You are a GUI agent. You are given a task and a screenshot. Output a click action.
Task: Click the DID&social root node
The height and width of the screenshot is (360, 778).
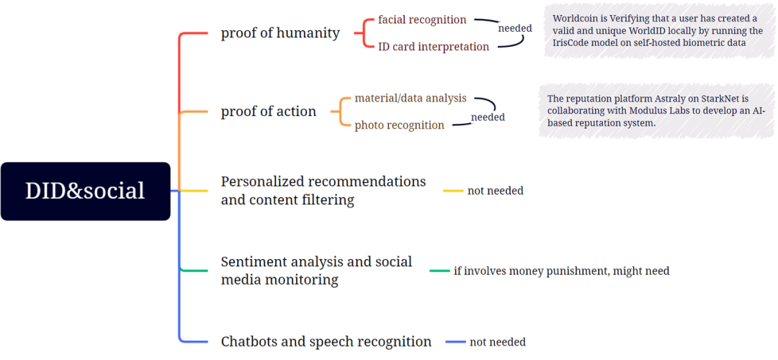tap(85, 191)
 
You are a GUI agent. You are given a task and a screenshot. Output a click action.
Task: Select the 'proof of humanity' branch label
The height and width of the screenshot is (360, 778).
tap(280, 33)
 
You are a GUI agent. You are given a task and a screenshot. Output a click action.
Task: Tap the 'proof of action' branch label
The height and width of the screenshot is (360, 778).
tap(269, 112)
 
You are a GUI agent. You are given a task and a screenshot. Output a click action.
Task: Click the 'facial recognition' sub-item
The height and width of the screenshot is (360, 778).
tap(422, 20)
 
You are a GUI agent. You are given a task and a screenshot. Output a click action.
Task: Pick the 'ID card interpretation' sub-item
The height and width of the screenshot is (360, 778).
tap(434, 47)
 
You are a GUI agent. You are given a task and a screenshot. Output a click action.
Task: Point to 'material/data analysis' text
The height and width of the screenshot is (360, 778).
tap(411, 98)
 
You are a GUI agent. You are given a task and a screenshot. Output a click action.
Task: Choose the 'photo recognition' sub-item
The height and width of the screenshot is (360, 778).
tap(399, 125)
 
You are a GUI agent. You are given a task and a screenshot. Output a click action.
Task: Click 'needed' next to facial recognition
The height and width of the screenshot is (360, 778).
tap(515, 28)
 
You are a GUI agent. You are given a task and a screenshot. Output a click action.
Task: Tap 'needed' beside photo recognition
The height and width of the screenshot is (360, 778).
tap(488, 117)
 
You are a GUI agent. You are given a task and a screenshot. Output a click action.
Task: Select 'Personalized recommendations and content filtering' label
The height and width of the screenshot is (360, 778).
tap(323, 190)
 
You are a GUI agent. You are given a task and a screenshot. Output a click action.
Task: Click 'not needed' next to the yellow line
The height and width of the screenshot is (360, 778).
tap(495, 190)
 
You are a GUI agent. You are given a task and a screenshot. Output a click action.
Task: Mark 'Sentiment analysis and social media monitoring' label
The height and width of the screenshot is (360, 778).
tap(316, 270)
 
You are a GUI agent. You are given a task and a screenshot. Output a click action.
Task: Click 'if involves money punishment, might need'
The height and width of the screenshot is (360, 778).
tap(562, 271)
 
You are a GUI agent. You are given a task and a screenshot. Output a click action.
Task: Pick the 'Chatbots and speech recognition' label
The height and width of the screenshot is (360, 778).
tap(326, 342)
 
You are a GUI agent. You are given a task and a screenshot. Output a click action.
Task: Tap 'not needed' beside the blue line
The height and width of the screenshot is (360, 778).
tap(498, 342)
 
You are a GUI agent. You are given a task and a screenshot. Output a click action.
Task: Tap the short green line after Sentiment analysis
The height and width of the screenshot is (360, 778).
tap(439, 271)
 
